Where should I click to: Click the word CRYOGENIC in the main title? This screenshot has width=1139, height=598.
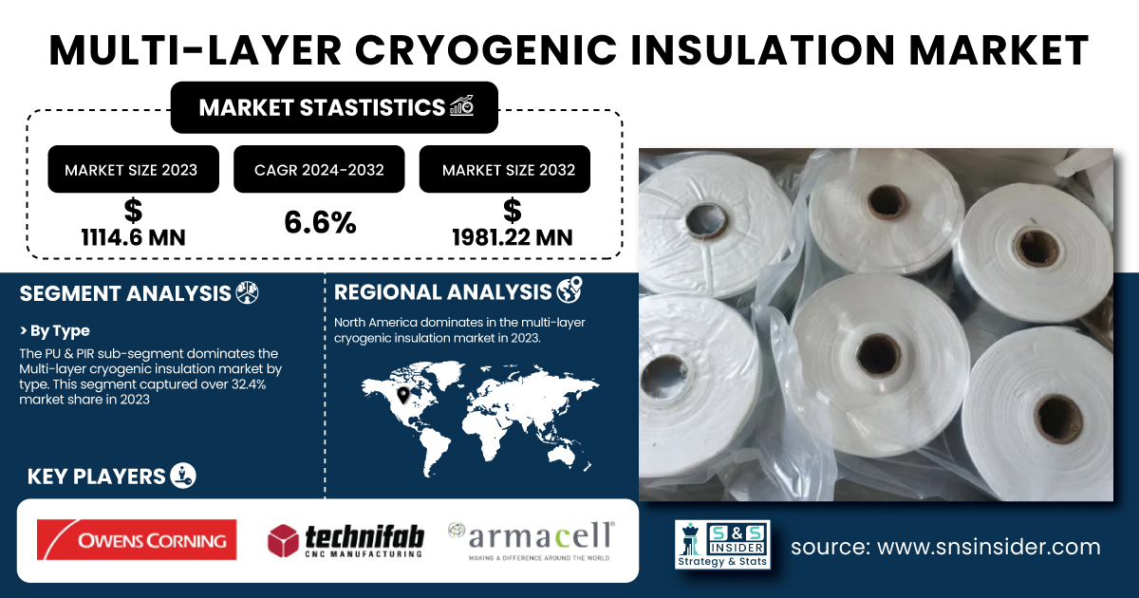click(485, 51)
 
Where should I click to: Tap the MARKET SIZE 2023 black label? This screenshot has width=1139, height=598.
click(133, 169)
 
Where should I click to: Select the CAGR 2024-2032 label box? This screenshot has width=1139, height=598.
click(319, 169)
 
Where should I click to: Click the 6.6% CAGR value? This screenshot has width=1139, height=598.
click(320, 223)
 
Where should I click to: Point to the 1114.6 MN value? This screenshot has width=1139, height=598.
click(133, 237)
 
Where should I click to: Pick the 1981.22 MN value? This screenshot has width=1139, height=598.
click(512, 237)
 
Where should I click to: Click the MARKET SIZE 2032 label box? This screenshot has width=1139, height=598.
click(504, 169)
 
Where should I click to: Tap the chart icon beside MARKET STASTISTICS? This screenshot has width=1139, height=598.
click(461, 105)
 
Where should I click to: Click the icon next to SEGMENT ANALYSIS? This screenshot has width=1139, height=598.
click(247, 293)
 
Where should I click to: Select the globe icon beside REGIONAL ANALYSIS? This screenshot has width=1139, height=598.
click(569, 290)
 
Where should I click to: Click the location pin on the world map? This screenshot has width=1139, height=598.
click(403, 395)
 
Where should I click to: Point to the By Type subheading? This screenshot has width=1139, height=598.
click(55, 331)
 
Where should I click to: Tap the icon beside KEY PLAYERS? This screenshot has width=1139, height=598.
click(183, 476)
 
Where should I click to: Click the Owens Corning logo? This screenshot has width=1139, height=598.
click(137, 539)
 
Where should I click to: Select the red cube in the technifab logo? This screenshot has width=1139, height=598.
click(283, 540)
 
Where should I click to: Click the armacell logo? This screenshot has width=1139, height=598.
click(532, 541)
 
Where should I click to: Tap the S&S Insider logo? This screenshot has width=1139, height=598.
click(722, 544)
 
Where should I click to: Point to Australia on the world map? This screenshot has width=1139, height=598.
click(564, 455)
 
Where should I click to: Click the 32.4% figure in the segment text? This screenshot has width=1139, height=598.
click(249, 384)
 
